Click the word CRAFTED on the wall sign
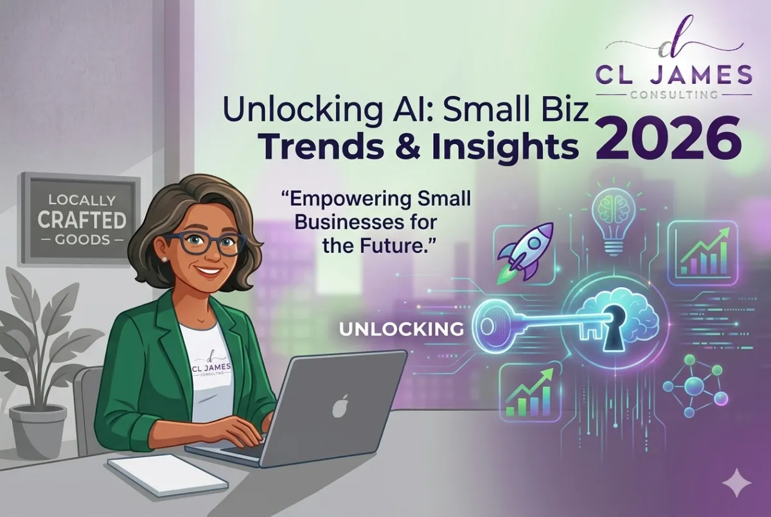pos(81,220)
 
